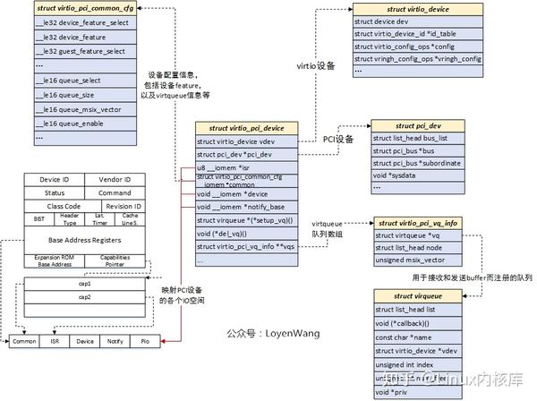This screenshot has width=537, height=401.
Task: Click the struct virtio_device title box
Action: click(x=417, y=8)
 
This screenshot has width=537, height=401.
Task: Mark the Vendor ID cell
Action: click(x=115, y=180)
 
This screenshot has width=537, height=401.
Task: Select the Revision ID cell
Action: click(x=115, y=206)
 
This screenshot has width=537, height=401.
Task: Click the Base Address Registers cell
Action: click(x=81, y=240)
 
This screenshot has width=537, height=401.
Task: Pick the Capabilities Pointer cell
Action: click(x=115, y=261)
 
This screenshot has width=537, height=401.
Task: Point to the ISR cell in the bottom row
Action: click(x=55, y=341)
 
